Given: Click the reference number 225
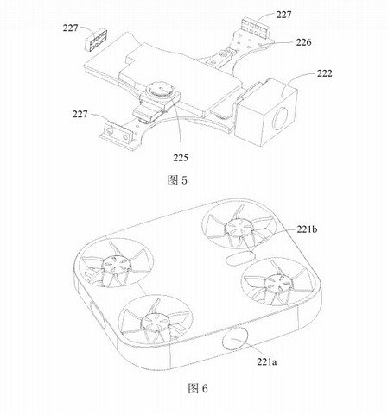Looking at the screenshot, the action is click(x=181, y=158).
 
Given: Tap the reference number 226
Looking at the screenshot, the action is click(x=303, y=42).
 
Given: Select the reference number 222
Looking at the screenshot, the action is click(x=325, y=73).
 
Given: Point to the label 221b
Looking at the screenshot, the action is click(x=307, y=229).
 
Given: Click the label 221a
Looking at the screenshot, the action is click(x=267, y=361).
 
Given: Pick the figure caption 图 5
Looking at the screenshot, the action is click(x=177, y=180).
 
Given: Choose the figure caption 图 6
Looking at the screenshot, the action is click(x=198, y=388).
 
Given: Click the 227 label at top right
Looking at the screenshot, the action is click(x=283, y=15).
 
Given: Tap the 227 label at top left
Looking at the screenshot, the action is click(x=71, y=28).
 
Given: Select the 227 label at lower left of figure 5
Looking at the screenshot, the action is click(x=80, y=114).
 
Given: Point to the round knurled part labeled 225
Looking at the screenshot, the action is click(x=161, y=91).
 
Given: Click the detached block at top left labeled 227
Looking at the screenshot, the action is click(x=95, y=40).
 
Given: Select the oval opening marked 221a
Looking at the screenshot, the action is click(x=235, y=339).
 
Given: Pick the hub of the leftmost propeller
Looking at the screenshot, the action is click(x=114, y=264).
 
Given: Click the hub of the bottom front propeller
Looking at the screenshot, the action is click(x=154, y=322).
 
